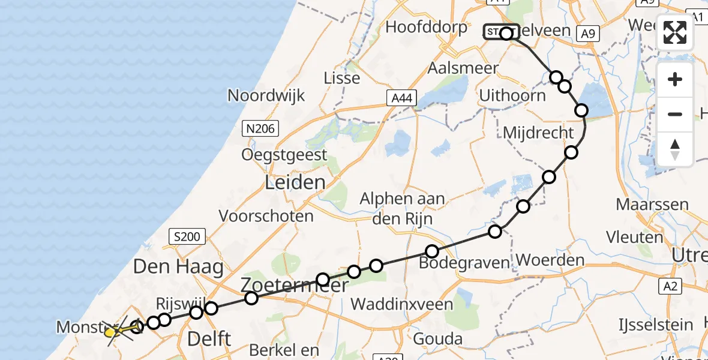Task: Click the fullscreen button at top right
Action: tap(675, 32)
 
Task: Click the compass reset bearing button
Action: tap(675, 149)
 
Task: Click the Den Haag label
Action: tap(178, 266)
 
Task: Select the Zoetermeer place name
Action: tap(294, 285)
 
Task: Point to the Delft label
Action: tap(209, 338)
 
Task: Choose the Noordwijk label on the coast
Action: tap(266, 95)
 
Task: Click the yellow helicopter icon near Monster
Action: tap(112, 331)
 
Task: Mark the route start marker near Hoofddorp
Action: tap(501, 32)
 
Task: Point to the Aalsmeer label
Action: tap(463, 68)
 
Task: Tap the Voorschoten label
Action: tap(266, 216)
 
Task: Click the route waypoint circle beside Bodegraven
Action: tap(432, 251)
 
